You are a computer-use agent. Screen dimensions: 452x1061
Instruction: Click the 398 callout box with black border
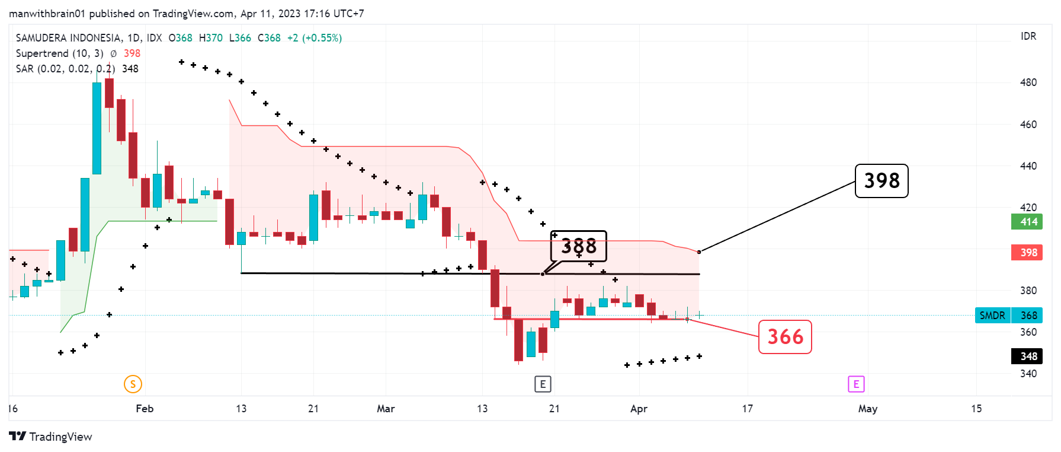click(881, 181)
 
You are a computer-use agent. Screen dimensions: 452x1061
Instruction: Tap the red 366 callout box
click(785, 337)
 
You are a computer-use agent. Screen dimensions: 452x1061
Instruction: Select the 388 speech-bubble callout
click(578, 246)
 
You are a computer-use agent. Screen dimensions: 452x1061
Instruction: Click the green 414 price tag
click(1026, 222)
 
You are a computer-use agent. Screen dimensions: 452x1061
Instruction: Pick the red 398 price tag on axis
click(1026, 253)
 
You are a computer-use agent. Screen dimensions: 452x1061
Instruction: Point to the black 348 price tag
click(1026, 356)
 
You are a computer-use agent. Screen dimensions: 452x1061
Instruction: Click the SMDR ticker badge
click(992, 316)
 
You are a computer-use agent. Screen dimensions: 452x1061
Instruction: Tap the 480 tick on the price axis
click(1028, 82)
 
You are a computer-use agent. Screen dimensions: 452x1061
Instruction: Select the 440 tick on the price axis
click(1028, 166)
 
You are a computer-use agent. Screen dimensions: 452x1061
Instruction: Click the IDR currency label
click(1028, 37)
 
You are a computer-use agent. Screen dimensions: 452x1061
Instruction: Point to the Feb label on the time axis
click(145, 409)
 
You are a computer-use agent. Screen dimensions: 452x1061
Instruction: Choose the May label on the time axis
click(867, 409)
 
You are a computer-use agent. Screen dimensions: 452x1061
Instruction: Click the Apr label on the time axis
click(639, 409)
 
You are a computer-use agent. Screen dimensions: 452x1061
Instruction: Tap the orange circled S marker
click(133, 384)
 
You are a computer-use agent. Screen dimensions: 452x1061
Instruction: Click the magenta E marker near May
click(856, 384)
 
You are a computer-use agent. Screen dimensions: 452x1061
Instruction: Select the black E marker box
click(543, 384)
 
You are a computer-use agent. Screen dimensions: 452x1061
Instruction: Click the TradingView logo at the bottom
click(51, 437)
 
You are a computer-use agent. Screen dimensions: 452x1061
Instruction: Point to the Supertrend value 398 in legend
click(132, 53)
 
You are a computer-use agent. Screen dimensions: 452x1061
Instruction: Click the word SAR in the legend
click(25, 69)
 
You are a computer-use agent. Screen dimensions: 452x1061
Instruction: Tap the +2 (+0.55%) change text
click(314, 38)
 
